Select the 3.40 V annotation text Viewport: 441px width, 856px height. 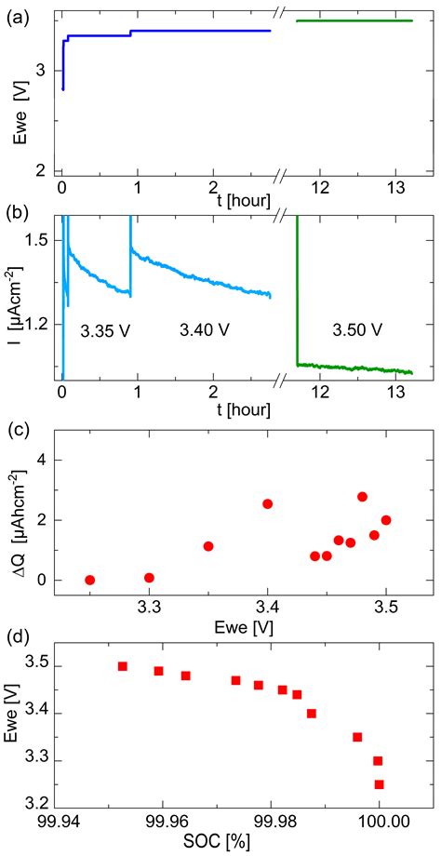tap(204, 328)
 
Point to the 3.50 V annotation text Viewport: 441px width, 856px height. tap(354, 330)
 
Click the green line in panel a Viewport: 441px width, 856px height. tap(354, 20)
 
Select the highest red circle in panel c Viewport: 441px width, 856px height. tap(363, 497)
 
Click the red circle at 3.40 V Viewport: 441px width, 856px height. tap(267, 504)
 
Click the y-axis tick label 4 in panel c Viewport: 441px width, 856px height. tap(42, 461)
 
